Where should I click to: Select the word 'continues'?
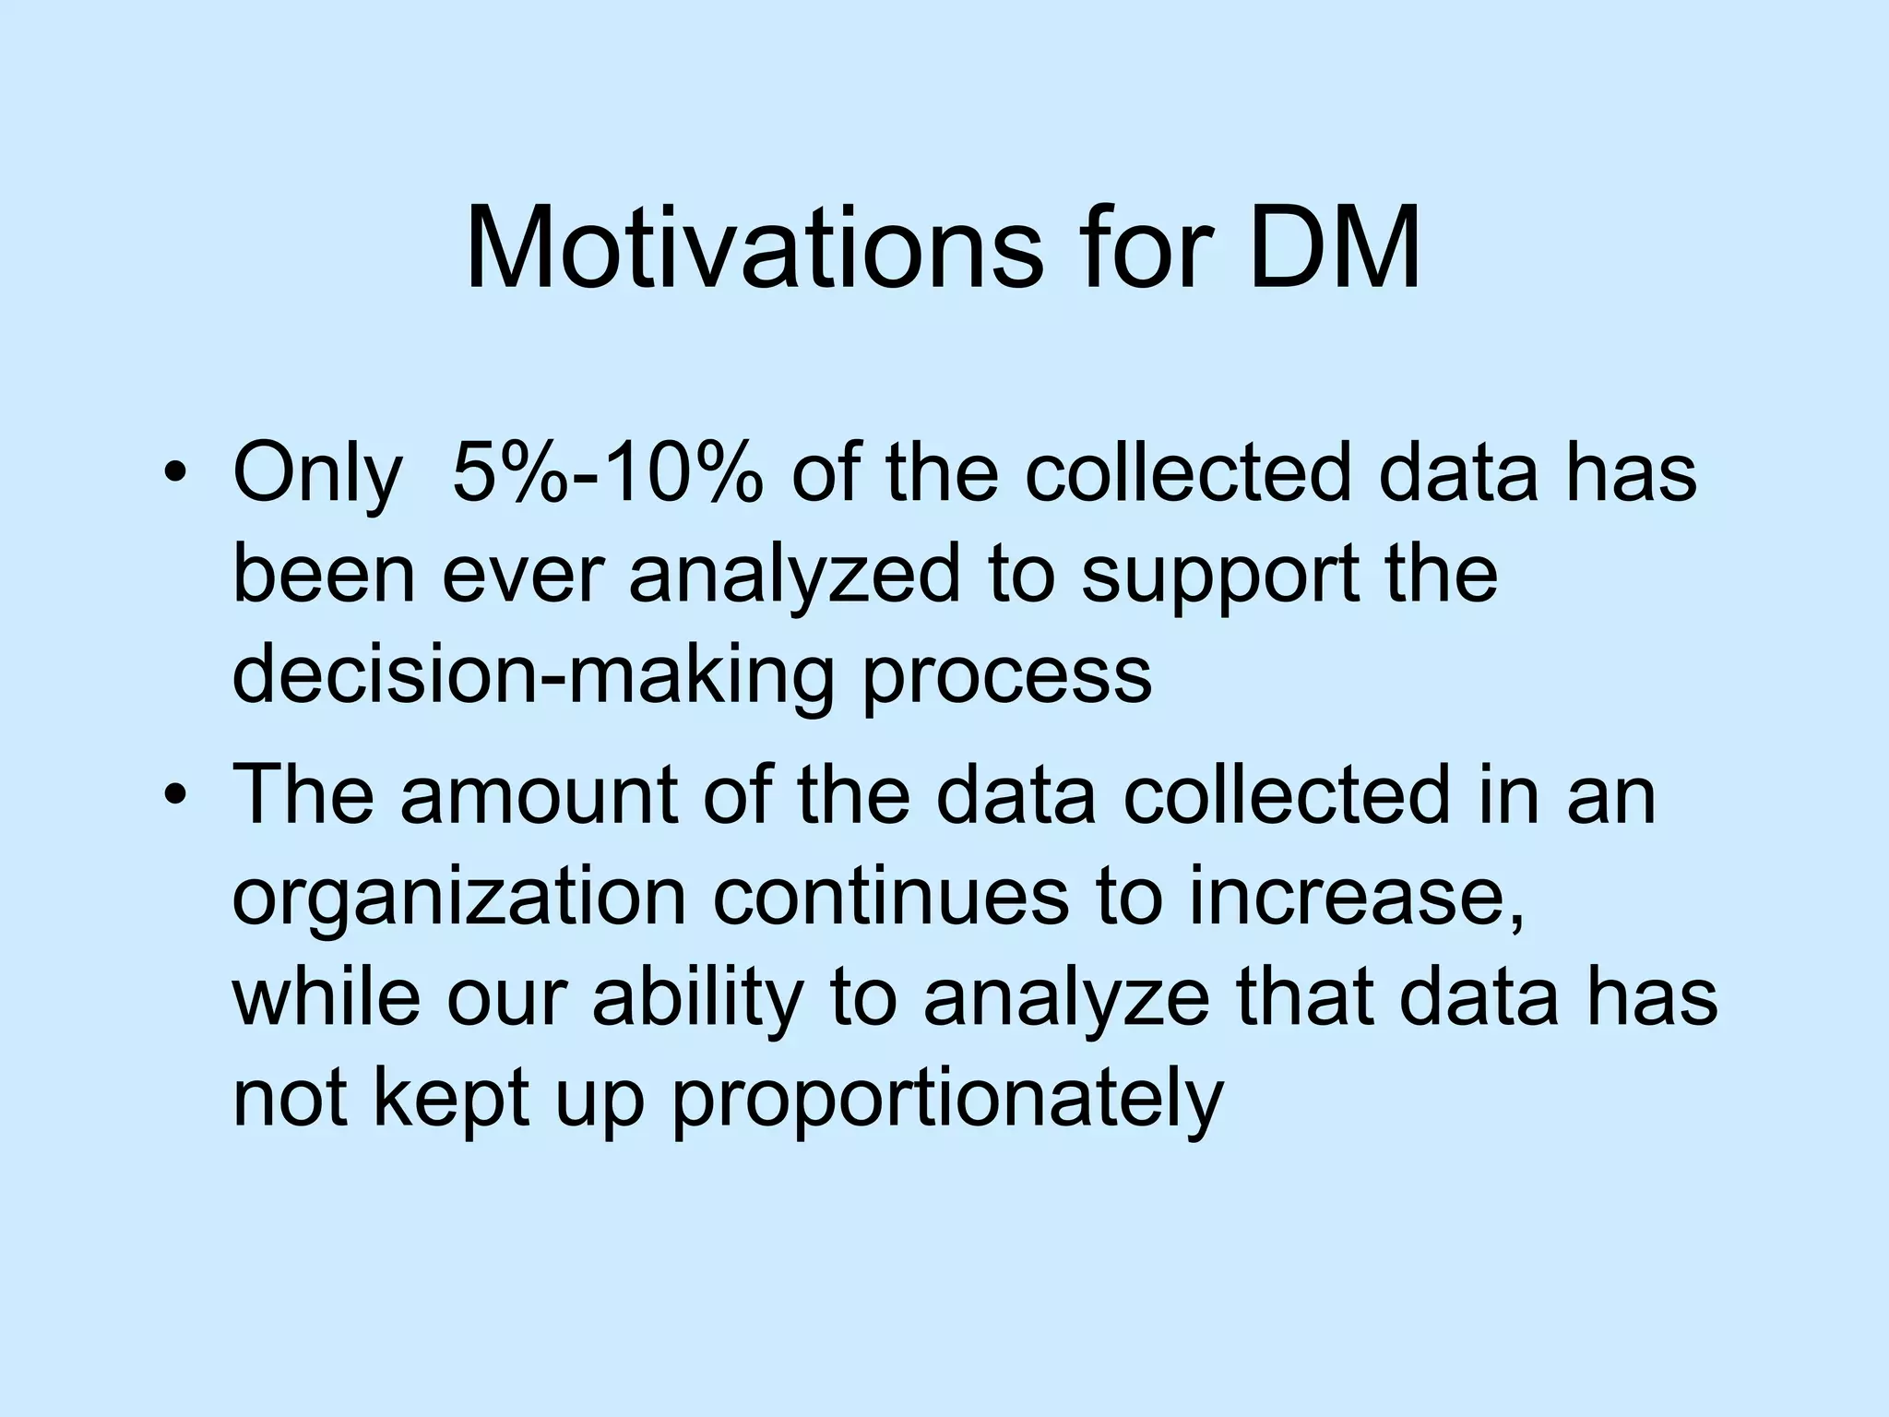(890, 897)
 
